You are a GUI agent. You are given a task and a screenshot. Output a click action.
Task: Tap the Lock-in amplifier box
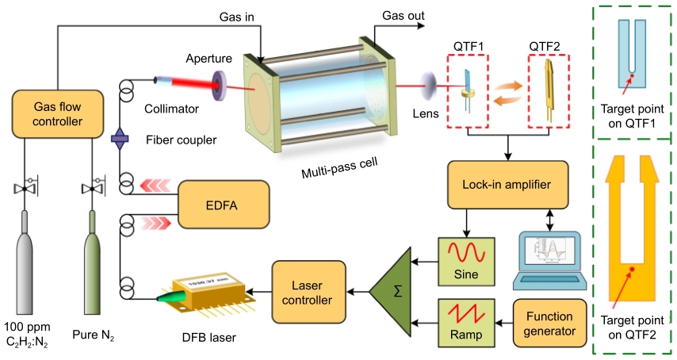(x=508, y=184)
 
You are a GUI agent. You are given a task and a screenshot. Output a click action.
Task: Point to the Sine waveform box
(x=465, y=262)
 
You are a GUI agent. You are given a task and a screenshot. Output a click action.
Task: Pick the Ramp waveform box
(x=465, y=322)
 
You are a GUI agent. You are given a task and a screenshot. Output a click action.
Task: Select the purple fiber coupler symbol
(x=120, y=140)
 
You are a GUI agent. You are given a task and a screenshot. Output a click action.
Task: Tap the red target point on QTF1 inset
(x=631, y=78)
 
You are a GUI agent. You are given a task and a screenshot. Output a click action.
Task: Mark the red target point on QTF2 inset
(x=632, y=270)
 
